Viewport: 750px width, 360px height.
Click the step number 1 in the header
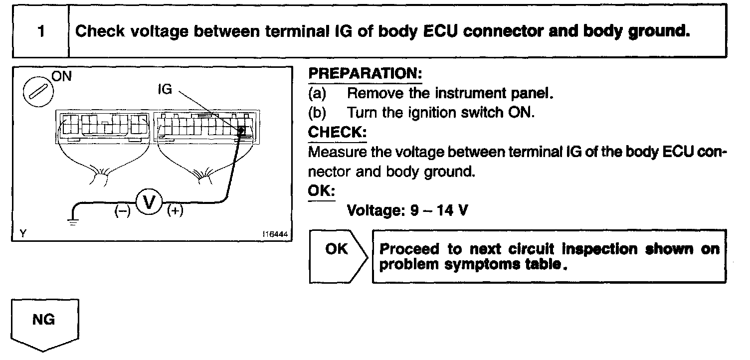41,31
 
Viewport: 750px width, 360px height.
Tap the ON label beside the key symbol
61,76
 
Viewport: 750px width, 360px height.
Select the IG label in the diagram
165,90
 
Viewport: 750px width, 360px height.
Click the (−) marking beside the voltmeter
123,211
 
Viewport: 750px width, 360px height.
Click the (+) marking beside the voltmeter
175,211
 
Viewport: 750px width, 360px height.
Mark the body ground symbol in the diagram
73,220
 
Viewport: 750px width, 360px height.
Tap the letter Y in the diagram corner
22,233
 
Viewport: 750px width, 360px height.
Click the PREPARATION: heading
365,74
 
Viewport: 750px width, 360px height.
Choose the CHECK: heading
337,133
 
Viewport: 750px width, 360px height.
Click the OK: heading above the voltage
322,191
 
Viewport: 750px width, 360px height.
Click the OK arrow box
338,249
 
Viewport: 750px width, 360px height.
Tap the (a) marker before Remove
318,93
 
